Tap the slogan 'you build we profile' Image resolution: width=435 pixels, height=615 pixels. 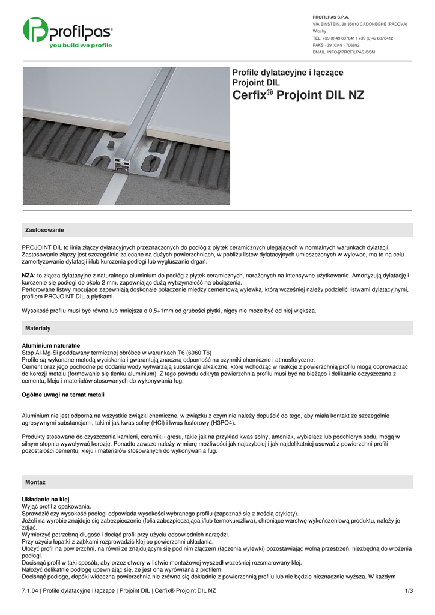(81, 45)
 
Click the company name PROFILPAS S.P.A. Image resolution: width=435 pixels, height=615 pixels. (331, 17)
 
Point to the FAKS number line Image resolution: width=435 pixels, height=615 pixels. (336, 45)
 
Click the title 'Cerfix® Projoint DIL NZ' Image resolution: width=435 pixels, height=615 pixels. (298, 95)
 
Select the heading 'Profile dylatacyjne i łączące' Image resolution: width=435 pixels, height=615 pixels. (288, 73)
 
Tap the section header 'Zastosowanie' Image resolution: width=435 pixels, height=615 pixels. (44, 230)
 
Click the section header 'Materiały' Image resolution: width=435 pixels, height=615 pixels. (38, 328)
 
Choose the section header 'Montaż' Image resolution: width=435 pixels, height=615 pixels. (35, 482)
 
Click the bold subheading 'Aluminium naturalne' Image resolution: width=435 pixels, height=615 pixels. (50, 345)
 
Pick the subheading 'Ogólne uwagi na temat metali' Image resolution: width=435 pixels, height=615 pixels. (63, 395)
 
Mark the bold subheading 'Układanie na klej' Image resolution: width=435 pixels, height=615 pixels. (46, 499)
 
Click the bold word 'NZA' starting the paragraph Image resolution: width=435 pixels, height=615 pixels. (28, 275)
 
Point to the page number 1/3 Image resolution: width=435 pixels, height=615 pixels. (409, 591)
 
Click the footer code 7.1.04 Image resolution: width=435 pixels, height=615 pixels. (30, 591)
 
